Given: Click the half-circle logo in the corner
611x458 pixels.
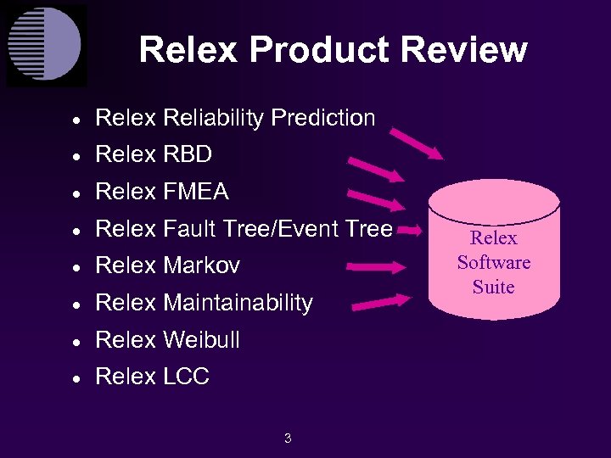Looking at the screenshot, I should click(x=46, y=45).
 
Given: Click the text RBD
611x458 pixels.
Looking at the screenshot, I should click(x=187, y=155).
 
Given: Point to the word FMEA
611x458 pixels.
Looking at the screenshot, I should click(x=196, y=193).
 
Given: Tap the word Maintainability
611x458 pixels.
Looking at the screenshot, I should click(x=238, y=303).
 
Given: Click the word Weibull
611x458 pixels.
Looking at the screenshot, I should click(x=201, y=340).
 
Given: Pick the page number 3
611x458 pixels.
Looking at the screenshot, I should click(x=288, y=438).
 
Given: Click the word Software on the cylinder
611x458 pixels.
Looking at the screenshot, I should click(x=494, y=262).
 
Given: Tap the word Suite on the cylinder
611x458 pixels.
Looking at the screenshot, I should click(x=494, y=287).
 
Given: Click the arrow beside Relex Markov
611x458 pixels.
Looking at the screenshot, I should click(x=378, y=266).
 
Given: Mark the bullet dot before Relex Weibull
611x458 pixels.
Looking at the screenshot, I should click(x=76, y=342).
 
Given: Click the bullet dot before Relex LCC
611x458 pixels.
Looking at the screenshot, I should click(x=76, y=378).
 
